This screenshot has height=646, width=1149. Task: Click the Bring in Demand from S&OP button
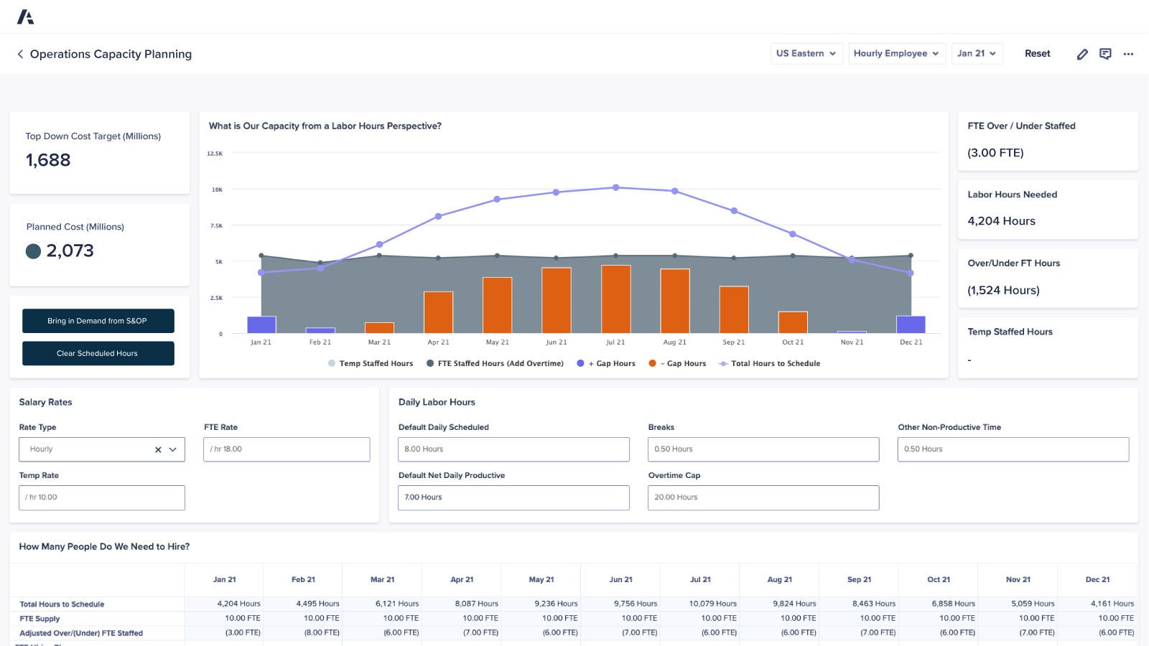[x=98, y=321]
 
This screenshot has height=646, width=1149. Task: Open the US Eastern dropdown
[x=806, y=53]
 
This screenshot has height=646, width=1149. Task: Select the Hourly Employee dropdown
[x=896, y=53]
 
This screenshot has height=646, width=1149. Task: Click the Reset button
[x=1037, y=53]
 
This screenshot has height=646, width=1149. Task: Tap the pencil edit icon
[x=1082, y=54]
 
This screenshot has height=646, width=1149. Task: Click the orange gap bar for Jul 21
[x=615, y=299]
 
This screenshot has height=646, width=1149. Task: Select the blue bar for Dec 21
[x=911, y=324]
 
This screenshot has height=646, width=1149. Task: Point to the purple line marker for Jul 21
[x=615, y=187]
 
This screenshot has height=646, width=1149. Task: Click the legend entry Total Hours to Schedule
[x=775, y=363]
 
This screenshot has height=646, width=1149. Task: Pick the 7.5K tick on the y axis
[x=216, y=225]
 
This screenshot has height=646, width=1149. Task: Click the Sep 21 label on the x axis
[x=733, y=342]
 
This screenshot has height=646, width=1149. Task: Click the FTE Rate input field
[x=287, y=449]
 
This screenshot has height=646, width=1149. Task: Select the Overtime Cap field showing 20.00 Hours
[x=763, y=497]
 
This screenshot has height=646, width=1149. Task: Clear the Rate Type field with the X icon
[x=158, y=450]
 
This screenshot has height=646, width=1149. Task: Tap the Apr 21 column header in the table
[x=462, y=579]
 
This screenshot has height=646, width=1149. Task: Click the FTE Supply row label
[x=39, y=619]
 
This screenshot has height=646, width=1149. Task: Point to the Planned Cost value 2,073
[x=70, y=251]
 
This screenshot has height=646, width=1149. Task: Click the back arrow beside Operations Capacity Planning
[x=20, y=54]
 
